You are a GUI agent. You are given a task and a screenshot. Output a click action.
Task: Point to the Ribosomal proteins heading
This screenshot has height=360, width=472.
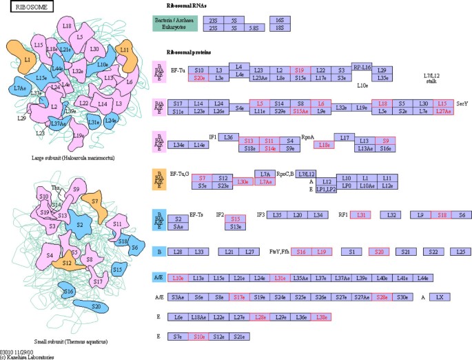click(x=192, y=52)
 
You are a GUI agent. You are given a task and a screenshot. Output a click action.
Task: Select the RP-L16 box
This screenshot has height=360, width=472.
click(x=362, y=67)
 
